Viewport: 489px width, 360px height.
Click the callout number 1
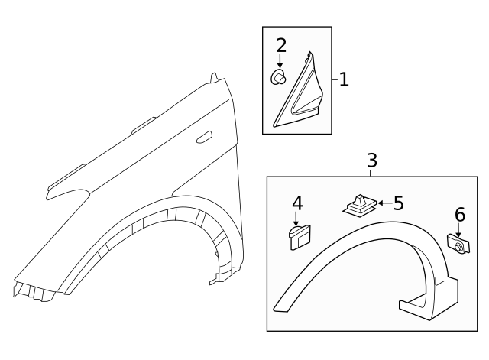click(344, 79)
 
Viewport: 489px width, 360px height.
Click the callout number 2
click(280, 45)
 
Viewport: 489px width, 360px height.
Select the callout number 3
click(371, 161)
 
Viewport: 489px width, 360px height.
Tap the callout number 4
click(296, 203)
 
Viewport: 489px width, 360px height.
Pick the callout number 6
click(459, 215)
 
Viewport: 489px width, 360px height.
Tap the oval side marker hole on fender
click(204, 138)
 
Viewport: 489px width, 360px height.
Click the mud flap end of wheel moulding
click(428, 303)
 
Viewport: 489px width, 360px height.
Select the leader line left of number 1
click(334, 79)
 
